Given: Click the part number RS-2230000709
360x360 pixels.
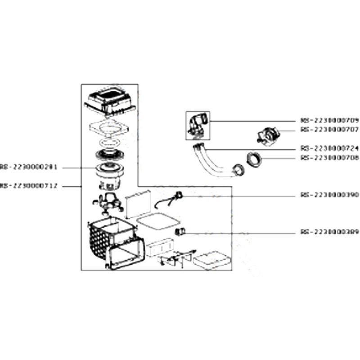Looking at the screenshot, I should tap(329, 120).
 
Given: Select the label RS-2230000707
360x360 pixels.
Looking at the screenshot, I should tap(329, 129).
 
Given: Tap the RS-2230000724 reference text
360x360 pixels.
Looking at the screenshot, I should tap(329, 148).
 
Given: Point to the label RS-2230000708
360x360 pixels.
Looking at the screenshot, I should tap(329, 158).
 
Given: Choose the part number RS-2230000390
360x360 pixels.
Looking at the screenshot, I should tap(329, 195).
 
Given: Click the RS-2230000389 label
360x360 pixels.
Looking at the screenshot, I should tap(329, 233).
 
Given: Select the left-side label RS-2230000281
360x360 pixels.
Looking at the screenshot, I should tap(28, 167).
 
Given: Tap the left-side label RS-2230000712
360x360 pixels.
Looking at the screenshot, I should tap(28, 185).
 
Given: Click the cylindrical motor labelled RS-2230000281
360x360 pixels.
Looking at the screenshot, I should tap(108, 175).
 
